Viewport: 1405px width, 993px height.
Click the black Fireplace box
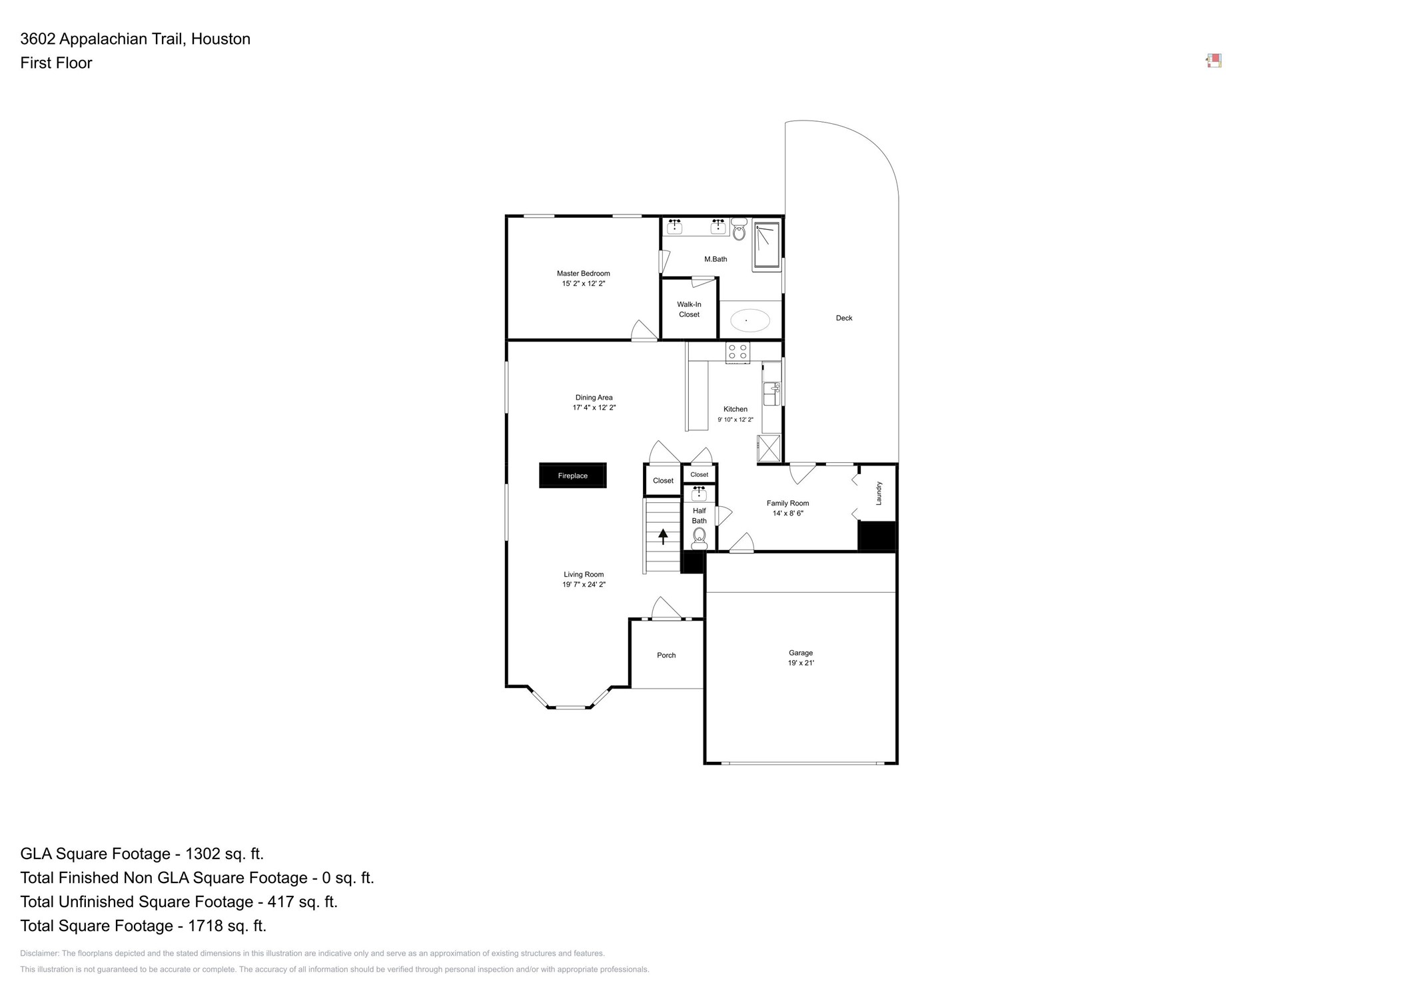point(572,476)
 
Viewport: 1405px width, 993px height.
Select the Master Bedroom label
point(583,273)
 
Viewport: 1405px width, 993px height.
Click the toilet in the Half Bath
point(699,536)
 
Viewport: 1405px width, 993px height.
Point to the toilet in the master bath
point(739,231)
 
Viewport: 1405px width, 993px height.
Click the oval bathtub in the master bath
point(749,320)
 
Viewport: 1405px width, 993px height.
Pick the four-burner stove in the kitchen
point(737,352)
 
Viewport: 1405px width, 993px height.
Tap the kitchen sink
point(771,393)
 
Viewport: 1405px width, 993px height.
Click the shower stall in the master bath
point(766,245)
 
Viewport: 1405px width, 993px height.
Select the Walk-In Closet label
point(689,309)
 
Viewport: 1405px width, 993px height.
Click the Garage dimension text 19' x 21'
point(801,663)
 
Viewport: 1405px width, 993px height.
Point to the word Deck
point(843,318)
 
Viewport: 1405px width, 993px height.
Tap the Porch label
point(666,655)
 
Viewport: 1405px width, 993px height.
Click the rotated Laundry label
point(879,493)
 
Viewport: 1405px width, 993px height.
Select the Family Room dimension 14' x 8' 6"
point(787,513)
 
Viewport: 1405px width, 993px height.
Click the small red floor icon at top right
point(1214,61)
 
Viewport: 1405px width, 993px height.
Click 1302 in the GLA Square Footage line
point(203,854)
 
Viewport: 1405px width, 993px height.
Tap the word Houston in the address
point(221,39)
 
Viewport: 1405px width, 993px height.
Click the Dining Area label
point(594,398)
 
